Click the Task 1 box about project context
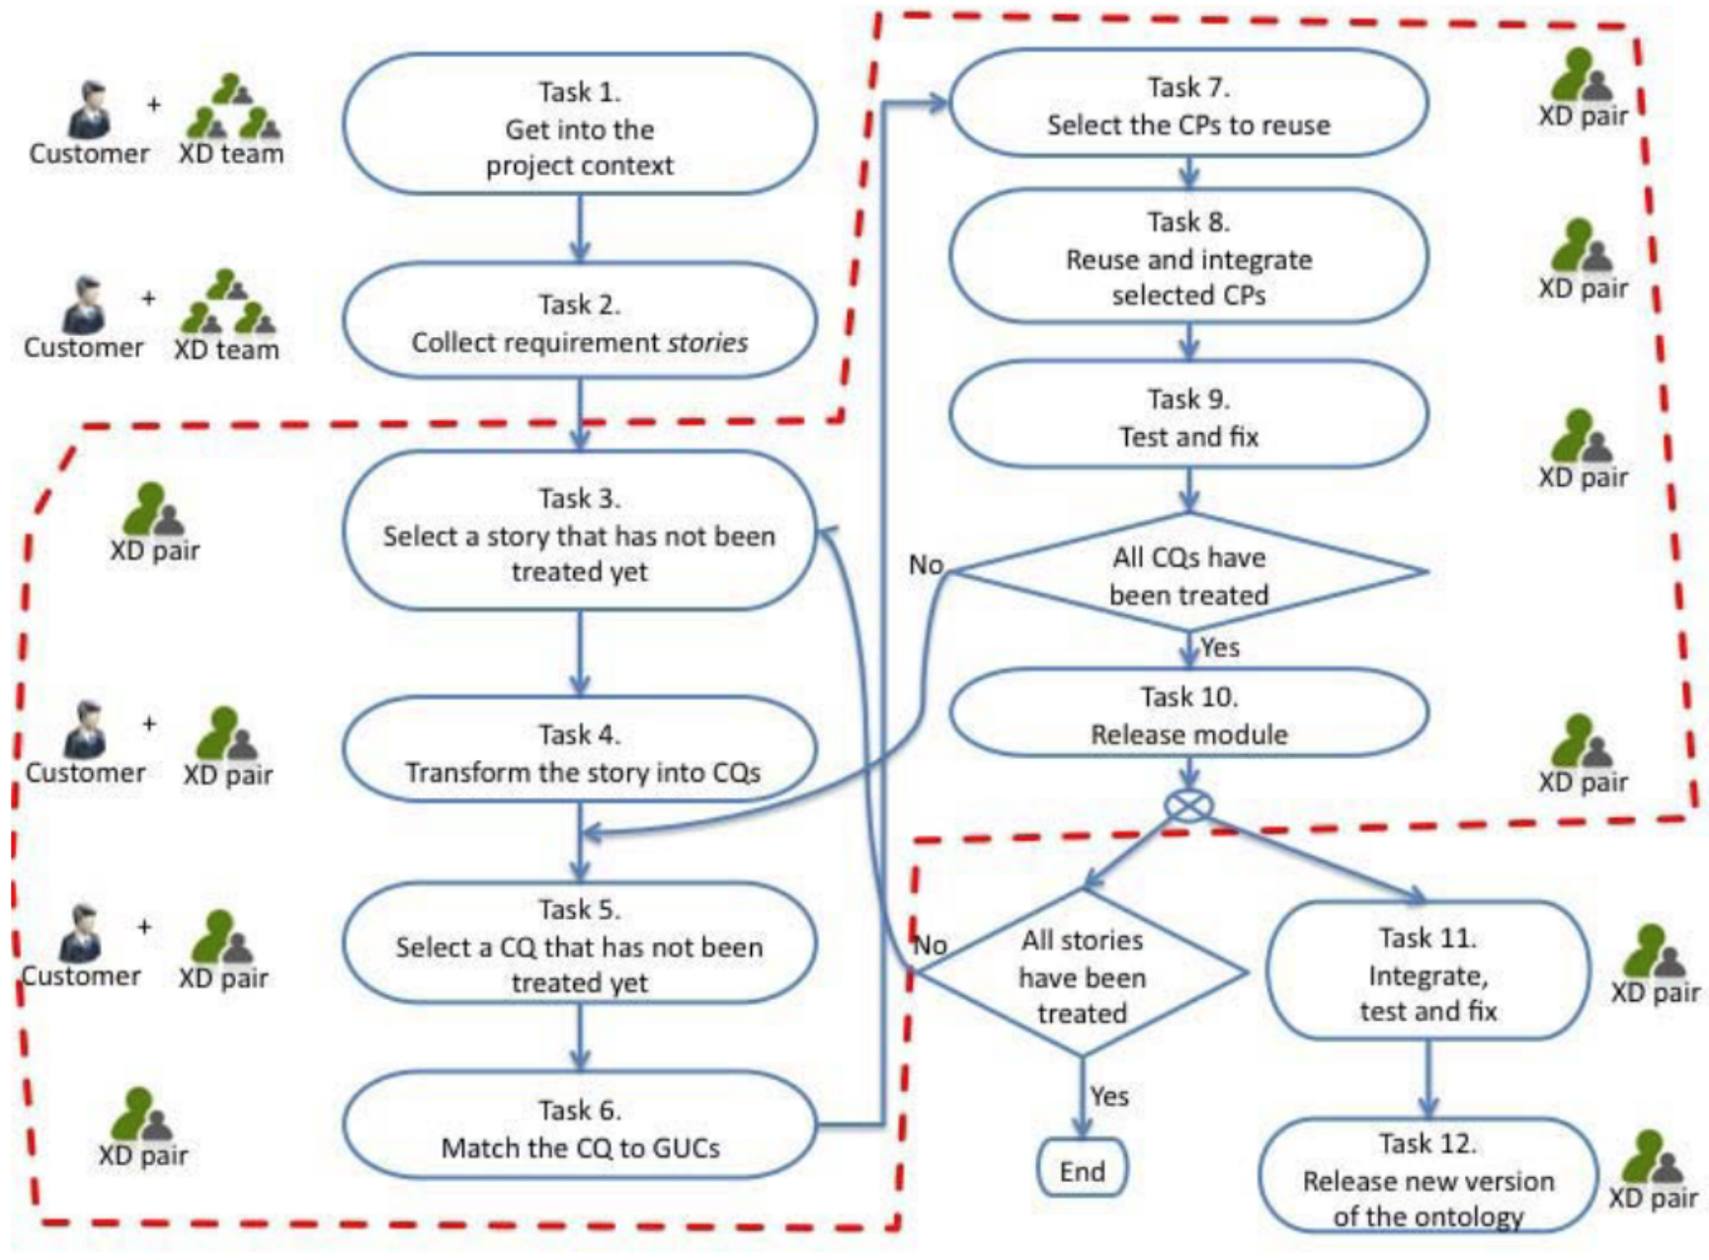[x=580, y=125]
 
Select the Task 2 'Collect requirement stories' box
[x=580, y=321]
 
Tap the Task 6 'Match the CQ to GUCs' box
[x=580, y=1126]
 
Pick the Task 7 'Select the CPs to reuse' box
[x=1188, y=104]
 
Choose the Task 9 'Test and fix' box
[x=1188, y=415]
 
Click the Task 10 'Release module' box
[x=1188, y=714]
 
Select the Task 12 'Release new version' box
[x=1427, y=1176]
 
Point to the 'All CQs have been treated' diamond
[x=1188, y=572]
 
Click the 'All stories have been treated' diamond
[x=1082, y=972]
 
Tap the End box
[x=1082, y=1168]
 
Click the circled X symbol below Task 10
[x=1189, y=805]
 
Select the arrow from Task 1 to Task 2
[x=580, y=228]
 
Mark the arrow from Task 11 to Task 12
[x=1427, y=1078]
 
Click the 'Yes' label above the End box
[x=1109, y=1095]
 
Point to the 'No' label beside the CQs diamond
[x=926, y=564]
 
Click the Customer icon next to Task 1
[x=90, y=109]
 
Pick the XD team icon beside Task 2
[x=227, y=300]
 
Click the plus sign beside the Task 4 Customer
[x=149, y=723]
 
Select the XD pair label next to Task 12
[x=1653, y=1197]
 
